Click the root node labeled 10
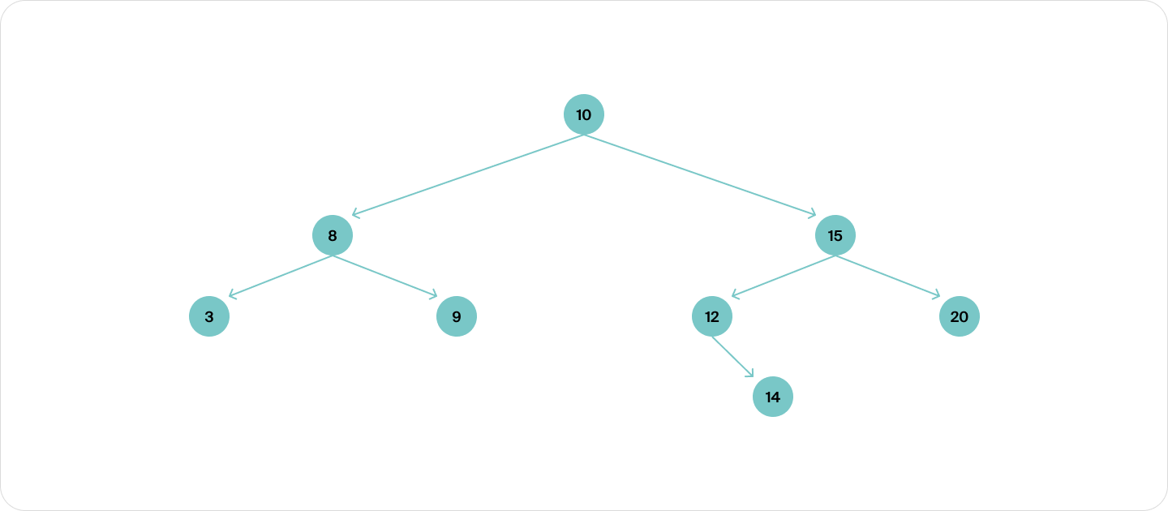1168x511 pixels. (x=583, y=114)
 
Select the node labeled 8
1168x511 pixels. (x=333, y=235)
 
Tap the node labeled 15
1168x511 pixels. (x=835, y=235)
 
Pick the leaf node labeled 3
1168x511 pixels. (x=209, y=316)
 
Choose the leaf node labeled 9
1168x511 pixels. (x=456, y=316)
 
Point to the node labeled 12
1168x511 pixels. (x=712, y=316)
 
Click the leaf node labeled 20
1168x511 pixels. (x=959, y=316)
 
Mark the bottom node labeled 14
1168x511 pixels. (x=773, y=397)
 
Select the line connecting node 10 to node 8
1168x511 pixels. (x=468, y=174)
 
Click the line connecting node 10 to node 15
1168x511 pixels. (x=700, y=174)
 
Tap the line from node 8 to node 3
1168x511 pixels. (x=281, y=277)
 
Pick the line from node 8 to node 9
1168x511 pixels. (x=384, y=277)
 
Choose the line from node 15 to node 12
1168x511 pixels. (x=784, y=277)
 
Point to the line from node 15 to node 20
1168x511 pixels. (x=887, y=277)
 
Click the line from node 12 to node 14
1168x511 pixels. (x=732, y=357)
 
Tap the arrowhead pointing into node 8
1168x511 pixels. (x=355, y=213)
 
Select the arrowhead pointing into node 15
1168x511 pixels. (x=813, y=213)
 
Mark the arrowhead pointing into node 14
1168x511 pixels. (x=750, y=373)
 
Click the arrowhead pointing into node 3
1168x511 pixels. (x=233, y=295)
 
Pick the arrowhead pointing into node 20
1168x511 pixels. (x=937, y=295)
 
